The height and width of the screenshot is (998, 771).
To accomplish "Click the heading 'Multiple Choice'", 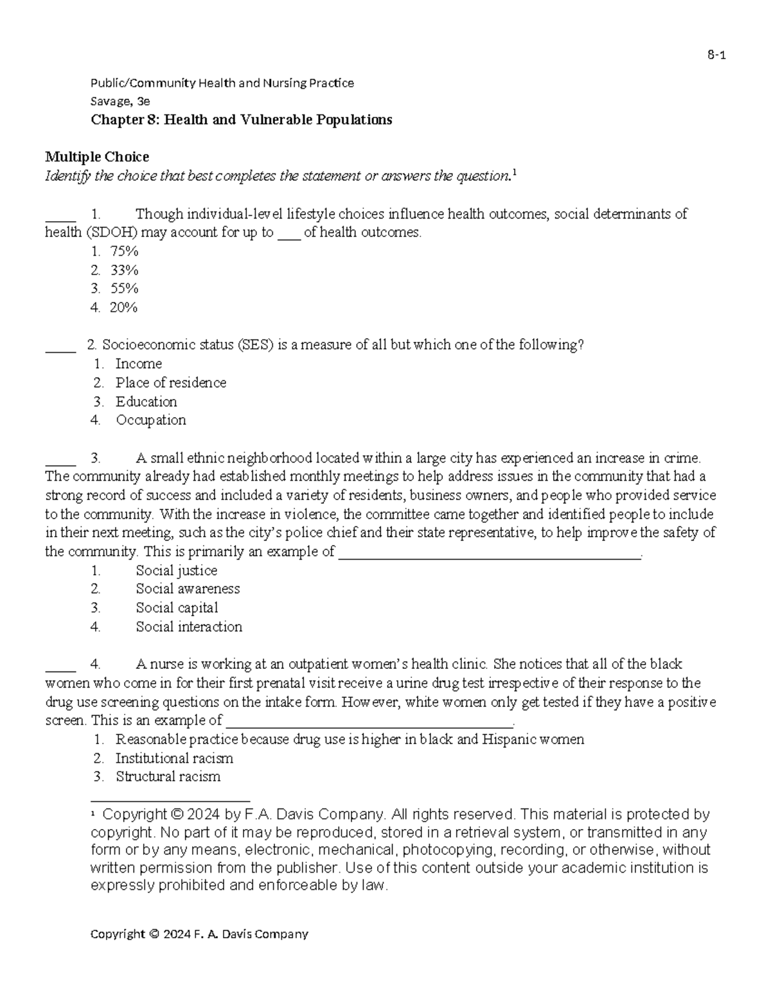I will pos(96,157).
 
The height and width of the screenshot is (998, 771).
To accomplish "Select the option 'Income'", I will pos(138,364).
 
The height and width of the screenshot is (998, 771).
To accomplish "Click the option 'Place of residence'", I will pos(170,383).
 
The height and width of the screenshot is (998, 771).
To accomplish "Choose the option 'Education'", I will pos(146,402).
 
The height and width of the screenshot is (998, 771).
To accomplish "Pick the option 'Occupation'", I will pos(150,420).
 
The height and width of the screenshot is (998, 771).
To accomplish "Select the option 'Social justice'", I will pos(176,571).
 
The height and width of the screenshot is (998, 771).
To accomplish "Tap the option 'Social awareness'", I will pos(188,589).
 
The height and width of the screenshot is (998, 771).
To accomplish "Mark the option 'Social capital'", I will pos(177,608).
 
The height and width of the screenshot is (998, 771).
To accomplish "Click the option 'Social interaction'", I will pos(189,627).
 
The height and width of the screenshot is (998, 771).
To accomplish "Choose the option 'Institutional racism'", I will pos(174,758).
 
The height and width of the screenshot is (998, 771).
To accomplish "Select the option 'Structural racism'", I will pos(168,776).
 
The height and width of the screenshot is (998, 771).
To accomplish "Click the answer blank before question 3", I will pos(60,463).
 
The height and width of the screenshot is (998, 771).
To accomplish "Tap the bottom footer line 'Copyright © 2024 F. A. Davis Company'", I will pos(199,934).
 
